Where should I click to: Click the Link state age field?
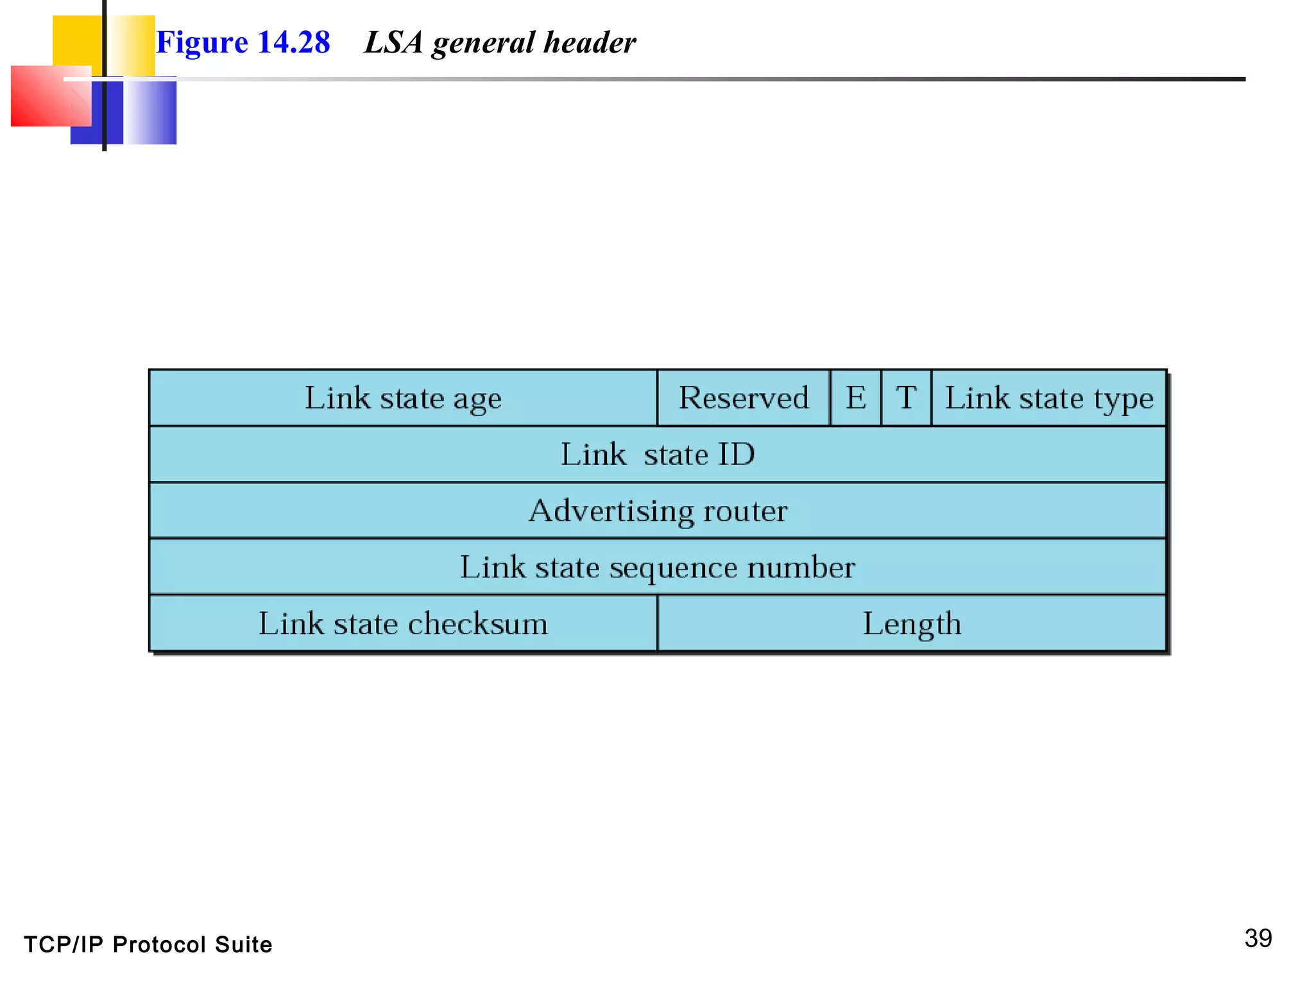click(403, 398)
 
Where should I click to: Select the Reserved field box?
click(744, 398)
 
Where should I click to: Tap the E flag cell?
click(855, 398)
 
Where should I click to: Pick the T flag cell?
click(906, 398)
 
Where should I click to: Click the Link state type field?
click(1048, 398)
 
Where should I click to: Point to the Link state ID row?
click(658, 455)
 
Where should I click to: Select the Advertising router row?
click(658, 511)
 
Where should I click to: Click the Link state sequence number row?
click(658, 568)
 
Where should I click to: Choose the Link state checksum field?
click(403, 624)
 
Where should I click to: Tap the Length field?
click(912, 624)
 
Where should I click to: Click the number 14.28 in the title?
click(293, 42)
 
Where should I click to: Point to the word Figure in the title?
click(201, 42)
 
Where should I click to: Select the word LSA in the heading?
click(393, 42)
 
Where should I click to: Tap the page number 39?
click(1258, 938)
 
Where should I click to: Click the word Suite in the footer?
click(243, 945)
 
